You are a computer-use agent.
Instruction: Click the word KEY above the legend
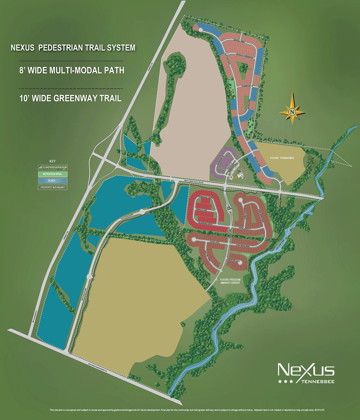(x=52, y=161)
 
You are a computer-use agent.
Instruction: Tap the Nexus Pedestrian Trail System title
(x=73, y=48)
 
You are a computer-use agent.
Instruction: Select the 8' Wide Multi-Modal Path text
(x=72, y=70)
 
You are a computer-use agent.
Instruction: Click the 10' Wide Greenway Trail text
(x=70, y=99)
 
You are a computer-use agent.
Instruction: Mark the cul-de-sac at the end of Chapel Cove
(x=193, y=239)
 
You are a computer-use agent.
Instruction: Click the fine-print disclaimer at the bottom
(x=180, y=410)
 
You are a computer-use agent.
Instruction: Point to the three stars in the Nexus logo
(x=286, y=381)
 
